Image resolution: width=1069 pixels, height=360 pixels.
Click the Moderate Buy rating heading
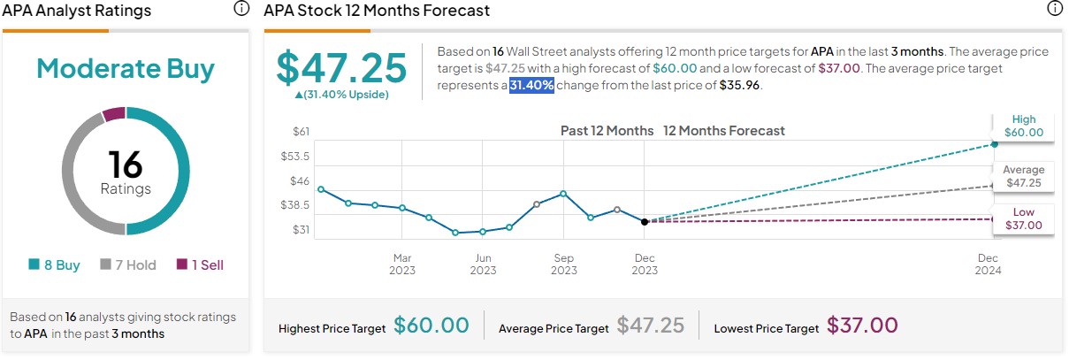[125, 70]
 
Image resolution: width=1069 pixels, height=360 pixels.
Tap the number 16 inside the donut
[125, 165]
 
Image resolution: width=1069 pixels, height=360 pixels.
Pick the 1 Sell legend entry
[201, 264]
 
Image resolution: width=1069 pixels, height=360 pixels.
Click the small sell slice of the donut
[114, 114]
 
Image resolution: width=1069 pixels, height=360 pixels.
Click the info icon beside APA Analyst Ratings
[241, 9]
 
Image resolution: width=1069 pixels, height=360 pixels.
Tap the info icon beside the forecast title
[1054, 9]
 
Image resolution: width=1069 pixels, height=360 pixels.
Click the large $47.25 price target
[341, 68]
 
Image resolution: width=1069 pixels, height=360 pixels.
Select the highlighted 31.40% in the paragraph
[531, 86]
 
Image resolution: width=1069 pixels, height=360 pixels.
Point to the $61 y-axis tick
[301, 131]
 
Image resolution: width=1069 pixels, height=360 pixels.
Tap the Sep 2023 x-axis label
[563, 264]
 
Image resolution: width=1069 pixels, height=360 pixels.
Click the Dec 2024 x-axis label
[988, 264]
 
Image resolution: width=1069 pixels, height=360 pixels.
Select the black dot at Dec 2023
[645, 222]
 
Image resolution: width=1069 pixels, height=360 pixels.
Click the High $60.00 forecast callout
[1024, 126]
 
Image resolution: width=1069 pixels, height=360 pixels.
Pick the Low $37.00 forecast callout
[1023, 219]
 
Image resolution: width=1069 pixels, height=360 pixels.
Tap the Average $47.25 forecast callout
[1023, 176]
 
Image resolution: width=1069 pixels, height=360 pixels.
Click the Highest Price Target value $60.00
[431, 326]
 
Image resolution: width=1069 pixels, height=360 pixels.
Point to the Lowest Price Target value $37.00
[862, 326]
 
